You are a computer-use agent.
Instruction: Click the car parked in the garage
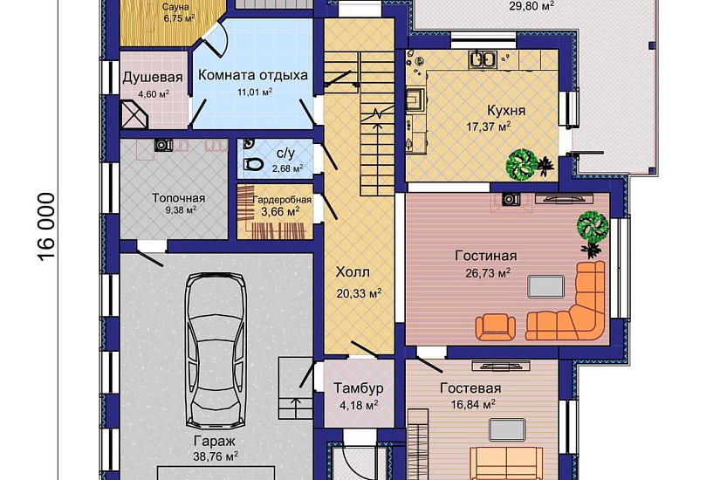pyautogui.click(x=215, y=350)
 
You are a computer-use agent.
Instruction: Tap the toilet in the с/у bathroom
pyautogui.click(x=252, y=164)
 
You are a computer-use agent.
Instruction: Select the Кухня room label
pyautogui.click(x=506, y=111)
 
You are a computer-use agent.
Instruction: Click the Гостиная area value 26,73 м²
pyautogui.click(x=488, y=273)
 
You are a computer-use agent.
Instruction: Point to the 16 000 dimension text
pyautogui.click(x=46, y=227)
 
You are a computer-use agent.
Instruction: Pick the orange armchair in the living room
pyautogui.click(x=495, y=326)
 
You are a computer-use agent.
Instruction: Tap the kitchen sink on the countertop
pyautogui.click(x=482, y=59)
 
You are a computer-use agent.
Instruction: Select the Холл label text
pyautogui.click(x=353, y=272)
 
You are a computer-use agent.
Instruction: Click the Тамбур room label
pyautogui.click(x=358, y=388)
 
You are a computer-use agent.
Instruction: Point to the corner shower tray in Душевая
pyautogui.click(x=134, y=114)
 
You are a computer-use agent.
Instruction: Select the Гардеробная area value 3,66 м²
pyautogui.click(x=280, y=212)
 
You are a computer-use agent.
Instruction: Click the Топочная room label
pyautogui.click(x=179, y=198)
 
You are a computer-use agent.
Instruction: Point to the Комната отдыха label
pyautogui.click(x=253, y=75)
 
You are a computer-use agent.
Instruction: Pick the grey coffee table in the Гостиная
pyautogui.click(x=545, y=286)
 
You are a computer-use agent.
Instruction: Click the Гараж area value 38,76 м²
pyautogui.click(x=215, y=456)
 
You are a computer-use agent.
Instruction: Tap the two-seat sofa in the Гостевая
pyautogui.click(x=506, y=463)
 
